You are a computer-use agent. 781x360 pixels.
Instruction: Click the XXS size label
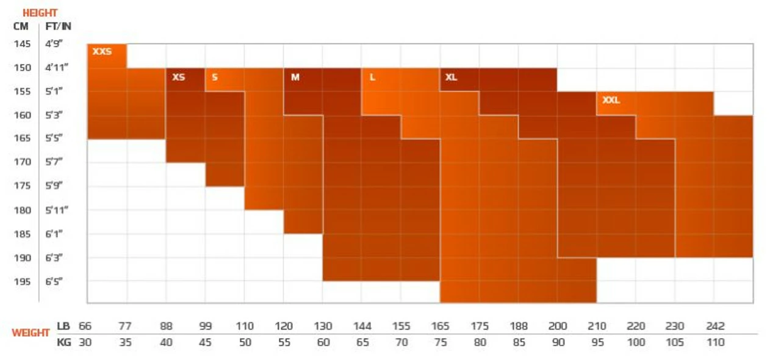tap(102, 52)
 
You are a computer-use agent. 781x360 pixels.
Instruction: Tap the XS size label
tap(178, 77)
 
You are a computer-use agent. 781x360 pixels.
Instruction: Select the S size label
tap(215, 77)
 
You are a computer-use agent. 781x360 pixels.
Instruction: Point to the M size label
tap(295, 77)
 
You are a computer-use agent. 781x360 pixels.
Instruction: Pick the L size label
tap(372, 77)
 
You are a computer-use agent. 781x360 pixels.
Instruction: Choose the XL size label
tap(451, 77)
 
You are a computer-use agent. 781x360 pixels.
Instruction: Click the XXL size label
tap(611, 100)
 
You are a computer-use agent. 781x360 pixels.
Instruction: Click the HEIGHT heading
tap(40, 13)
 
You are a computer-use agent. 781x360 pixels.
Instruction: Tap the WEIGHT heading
tap(31, 333)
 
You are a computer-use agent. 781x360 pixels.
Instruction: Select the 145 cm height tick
tap(22, 44)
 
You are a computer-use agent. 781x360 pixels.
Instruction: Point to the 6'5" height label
tap(54, 281)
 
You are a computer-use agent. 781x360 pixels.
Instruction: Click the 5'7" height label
tap(54, 162)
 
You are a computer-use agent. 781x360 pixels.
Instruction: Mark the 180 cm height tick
tap(22, 210)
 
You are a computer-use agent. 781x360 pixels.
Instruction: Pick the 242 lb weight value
tap(715, 326)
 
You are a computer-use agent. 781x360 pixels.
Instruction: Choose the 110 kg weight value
tap(715, 342)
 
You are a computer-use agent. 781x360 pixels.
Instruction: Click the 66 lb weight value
tap(85, 326)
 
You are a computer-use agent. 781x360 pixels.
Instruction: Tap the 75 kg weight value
tap(441, 342)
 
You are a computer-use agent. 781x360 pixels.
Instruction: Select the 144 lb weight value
tap(362, 326)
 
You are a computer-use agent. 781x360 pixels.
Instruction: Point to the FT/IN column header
tap(59, 27)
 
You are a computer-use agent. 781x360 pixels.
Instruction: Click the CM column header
tap(21, 27)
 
